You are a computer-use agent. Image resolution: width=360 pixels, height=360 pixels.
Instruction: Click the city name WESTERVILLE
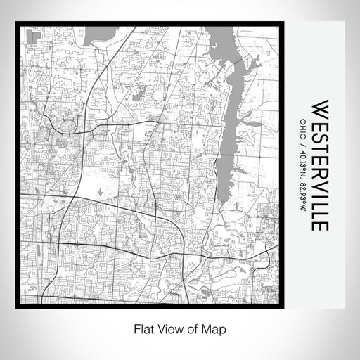pyautogui.click(x=319, y=165)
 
